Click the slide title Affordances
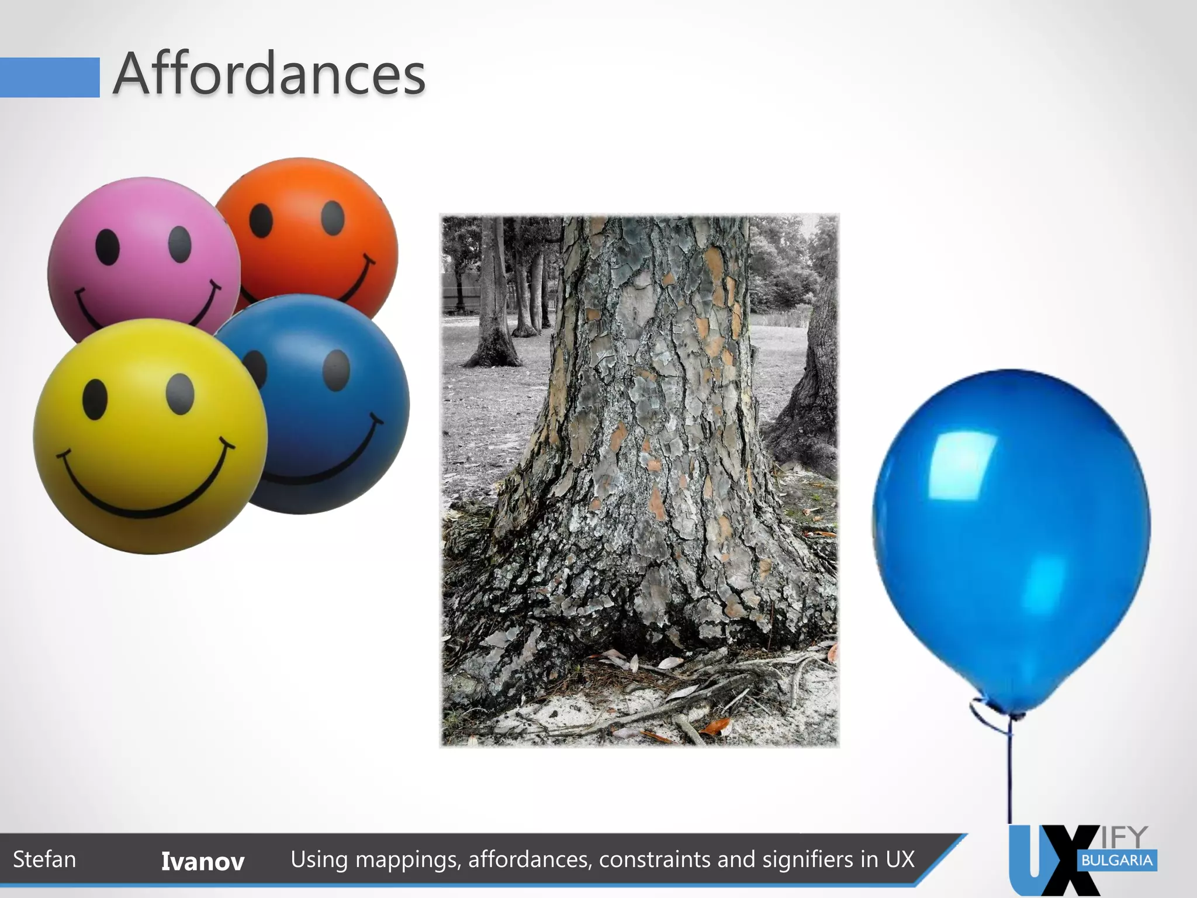click(x=269, y=74)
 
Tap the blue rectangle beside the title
click(x=50, y=77)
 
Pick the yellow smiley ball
click(x=149, y=438)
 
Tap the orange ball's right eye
click(x=333, y=217)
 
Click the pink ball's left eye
click(x=108, y=246)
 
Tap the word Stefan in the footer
click(x=44, y=859)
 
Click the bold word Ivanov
click(x=202, y=861)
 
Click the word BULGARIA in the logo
click(x=1117, y=861)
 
